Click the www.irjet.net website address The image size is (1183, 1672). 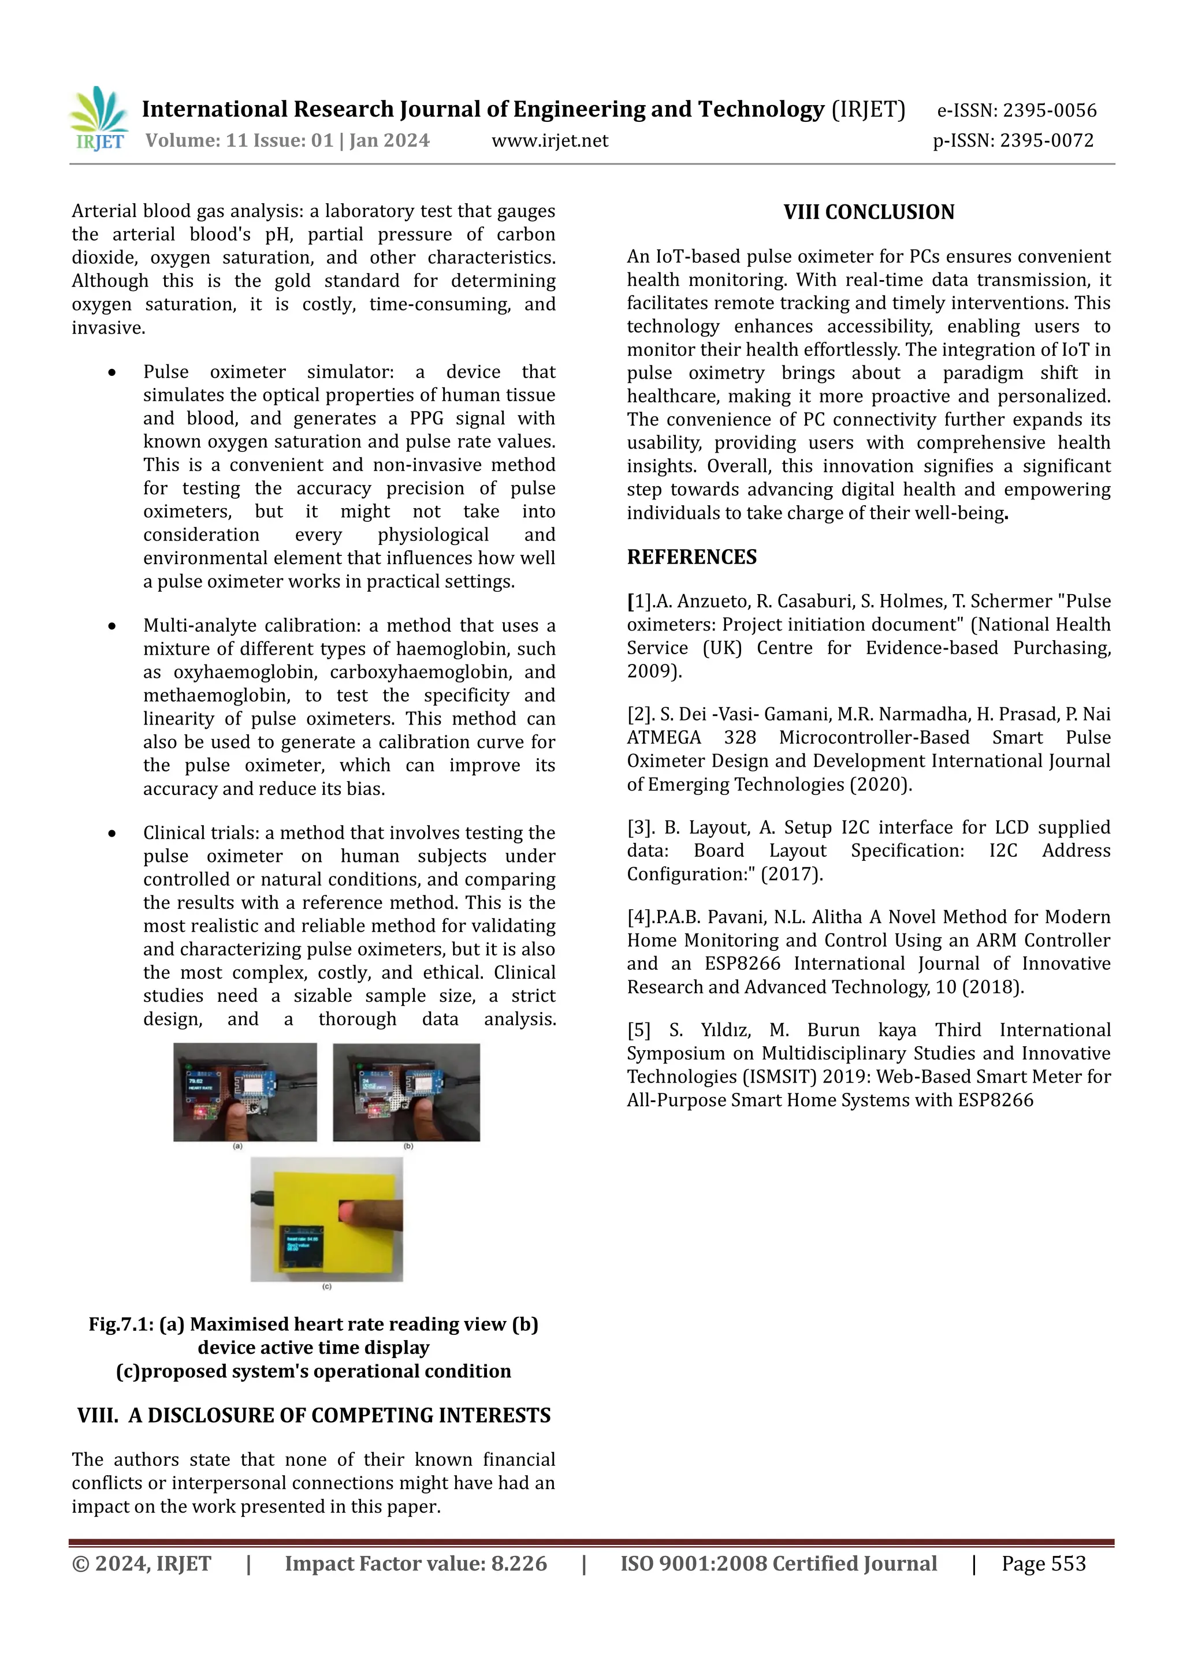(x=549, y=140)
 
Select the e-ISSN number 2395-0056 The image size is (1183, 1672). (x=1049, y=111)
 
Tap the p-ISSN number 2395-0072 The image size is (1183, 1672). (x=1046, y=140)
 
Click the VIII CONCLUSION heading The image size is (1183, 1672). (x=868, y=212)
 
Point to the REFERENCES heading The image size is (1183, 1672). (x=691, y=557)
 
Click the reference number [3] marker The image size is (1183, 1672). (x=640, y=828)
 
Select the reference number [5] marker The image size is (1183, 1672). (x=638, y=1031)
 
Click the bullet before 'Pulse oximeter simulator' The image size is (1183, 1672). (x=111, y=373)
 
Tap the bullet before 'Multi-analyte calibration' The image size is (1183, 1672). (x=111, y=626)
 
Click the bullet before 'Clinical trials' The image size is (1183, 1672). (x=111, y=833)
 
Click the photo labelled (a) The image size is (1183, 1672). (x=245, y=1092)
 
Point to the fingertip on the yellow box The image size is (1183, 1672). (x=351, y=1210)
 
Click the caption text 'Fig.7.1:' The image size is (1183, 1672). (x=120, y=1324)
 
